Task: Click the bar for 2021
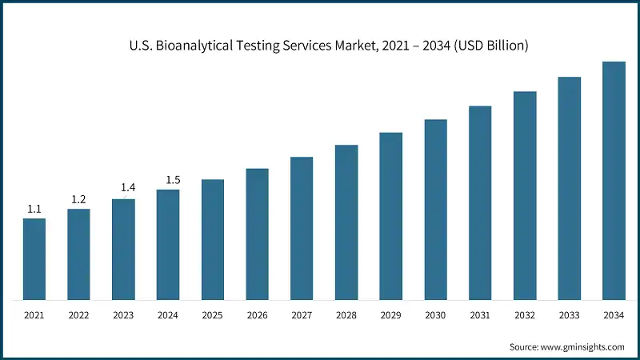tap(34, 259)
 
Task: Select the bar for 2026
tap(257, 234)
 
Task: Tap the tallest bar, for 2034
tap(614, 181)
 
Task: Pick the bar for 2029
tap(390, 216)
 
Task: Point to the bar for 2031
tap(480, 203)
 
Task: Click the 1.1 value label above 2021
tap(34, 209)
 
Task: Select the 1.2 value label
tap(78, 199)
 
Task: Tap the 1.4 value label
tap(128, 188)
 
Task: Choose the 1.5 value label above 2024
tap(173, 180)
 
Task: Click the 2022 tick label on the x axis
tap(78, 317)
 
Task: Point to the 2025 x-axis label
tap(212, 317)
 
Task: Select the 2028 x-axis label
tap(346, 317)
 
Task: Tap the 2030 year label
tap(435, 317)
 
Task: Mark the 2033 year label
tap(569, 317)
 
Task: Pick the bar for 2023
tap(123, 250)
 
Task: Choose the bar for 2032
tap(525, 196)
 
